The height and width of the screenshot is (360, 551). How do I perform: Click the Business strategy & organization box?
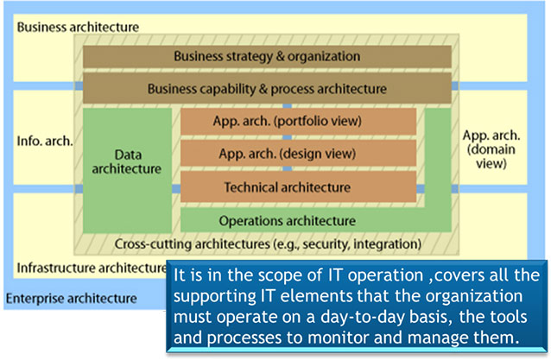tap(267, 56)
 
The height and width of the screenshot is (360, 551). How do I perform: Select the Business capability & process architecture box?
tap(267, 88)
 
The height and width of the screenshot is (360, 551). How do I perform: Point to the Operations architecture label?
tap(287, 221)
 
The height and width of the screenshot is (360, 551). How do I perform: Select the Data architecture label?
tap(126, 161)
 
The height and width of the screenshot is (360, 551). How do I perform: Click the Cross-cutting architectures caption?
tap(268, 243)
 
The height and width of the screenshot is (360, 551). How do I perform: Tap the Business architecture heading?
tap(78, 27)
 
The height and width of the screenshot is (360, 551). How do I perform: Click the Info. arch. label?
tap(45, 141)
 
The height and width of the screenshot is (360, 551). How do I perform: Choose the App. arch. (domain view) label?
tap(491, 149)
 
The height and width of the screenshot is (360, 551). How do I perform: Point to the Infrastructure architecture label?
tap(92, 268)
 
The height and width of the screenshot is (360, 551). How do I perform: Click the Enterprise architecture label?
tap(72, 299)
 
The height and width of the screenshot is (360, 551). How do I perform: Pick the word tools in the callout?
tap(509, 317)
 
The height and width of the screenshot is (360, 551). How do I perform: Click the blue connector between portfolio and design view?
tap(288, 137)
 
